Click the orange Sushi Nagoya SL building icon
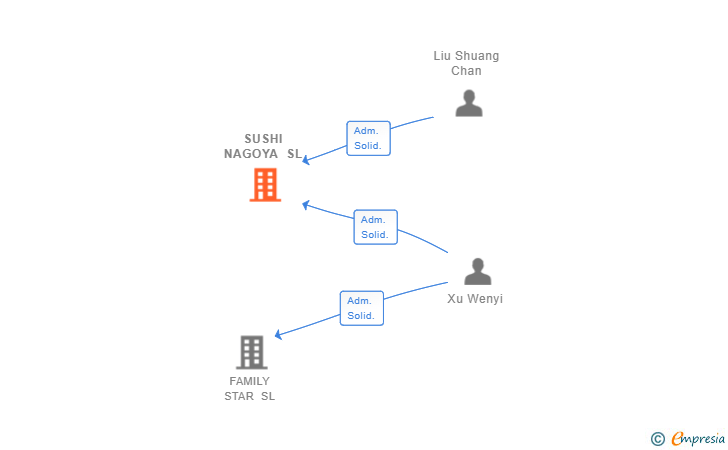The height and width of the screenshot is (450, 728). [265, 185]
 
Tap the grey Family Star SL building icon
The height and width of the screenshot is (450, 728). [251, 352]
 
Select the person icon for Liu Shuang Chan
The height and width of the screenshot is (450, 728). [468, 103]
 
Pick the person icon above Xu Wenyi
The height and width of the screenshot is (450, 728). [478, 271]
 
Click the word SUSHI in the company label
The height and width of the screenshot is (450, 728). [264, 139]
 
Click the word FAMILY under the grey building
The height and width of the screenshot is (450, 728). [249, 381]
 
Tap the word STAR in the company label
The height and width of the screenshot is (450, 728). [239, 396]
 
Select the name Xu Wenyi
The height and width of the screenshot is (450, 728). [475, 298]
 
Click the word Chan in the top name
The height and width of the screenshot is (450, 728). [466, 71]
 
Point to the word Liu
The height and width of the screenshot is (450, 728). [443, 56]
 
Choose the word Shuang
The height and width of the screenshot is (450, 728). [478, 56]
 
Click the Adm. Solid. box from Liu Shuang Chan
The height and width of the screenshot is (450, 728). [368, 138]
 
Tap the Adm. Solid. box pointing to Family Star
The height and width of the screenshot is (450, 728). [361, 308]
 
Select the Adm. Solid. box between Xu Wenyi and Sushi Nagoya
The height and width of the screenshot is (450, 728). [375, 227]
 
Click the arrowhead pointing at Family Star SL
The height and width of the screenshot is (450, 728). [279, 335]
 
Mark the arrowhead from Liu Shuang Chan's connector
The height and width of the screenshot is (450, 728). [307, 160]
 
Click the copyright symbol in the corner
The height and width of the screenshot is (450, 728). [657, 438]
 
